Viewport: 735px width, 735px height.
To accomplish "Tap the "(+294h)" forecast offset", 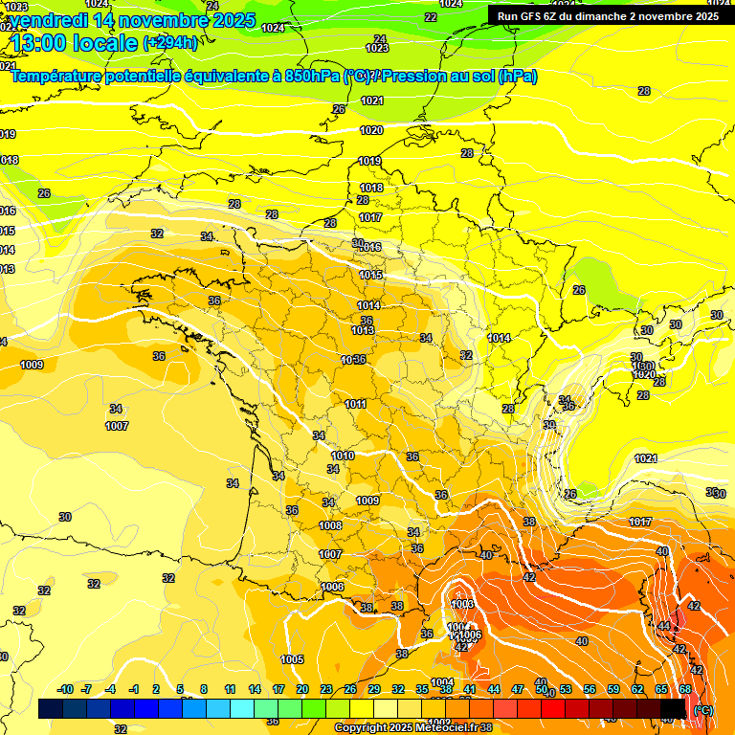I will click(x=170, y=42).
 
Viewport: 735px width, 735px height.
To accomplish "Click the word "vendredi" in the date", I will click(x=49, y=20).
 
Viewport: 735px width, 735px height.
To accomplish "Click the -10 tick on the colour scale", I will click(x=65, y=689).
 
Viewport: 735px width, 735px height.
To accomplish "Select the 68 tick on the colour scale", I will click(x=685, y=689).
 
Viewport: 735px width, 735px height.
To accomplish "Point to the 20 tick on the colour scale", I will click(x=302, y=689).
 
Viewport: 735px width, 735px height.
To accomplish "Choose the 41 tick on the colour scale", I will click(x=470, y=689).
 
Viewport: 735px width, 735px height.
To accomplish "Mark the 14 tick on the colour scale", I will click(x=255, y=689).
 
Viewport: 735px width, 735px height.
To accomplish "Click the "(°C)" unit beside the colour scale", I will click(x=703, y=709).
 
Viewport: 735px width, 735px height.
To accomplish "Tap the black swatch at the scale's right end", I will click(x=673, y=708).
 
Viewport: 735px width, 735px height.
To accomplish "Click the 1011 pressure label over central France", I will click(x=356, y=404).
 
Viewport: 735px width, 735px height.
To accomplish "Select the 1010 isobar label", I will click(x=344, y=456).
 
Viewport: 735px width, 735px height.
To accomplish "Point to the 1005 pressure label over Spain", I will click(x=292, y=659).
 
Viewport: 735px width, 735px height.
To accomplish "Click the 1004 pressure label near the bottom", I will click(x=442, y=682).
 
